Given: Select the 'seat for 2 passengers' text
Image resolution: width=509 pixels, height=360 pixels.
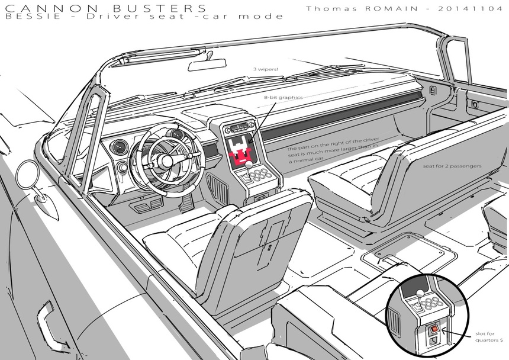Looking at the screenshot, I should coord(452,166).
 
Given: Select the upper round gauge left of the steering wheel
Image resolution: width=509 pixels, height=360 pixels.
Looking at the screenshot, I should coord(121,146).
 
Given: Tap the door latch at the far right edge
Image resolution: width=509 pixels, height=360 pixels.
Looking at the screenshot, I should coord(475,105).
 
